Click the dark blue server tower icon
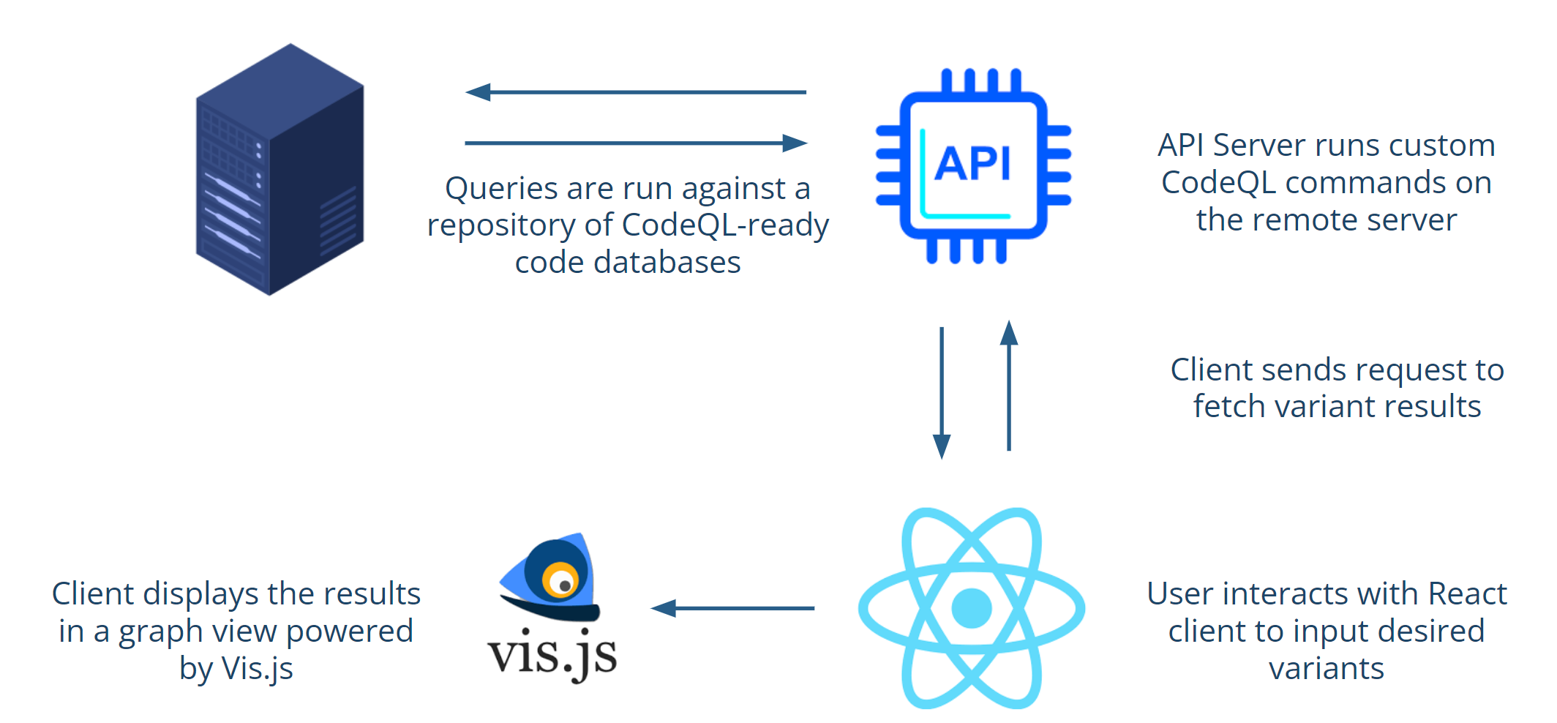[x=279, y=169]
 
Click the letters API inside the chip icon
[x=972, y=162]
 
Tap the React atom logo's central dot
[x=972, y=608]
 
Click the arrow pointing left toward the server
[x=636, y=92]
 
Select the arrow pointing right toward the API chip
[x=636, y=143]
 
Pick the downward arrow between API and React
[x=942, y=393]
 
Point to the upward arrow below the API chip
[x=1009, y=386]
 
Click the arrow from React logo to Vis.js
[x=732, y=608]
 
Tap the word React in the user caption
[x=1467, y=593]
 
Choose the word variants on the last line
[x=1327, y=669]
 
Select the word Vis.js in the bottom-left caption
[x=257, y=669]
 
